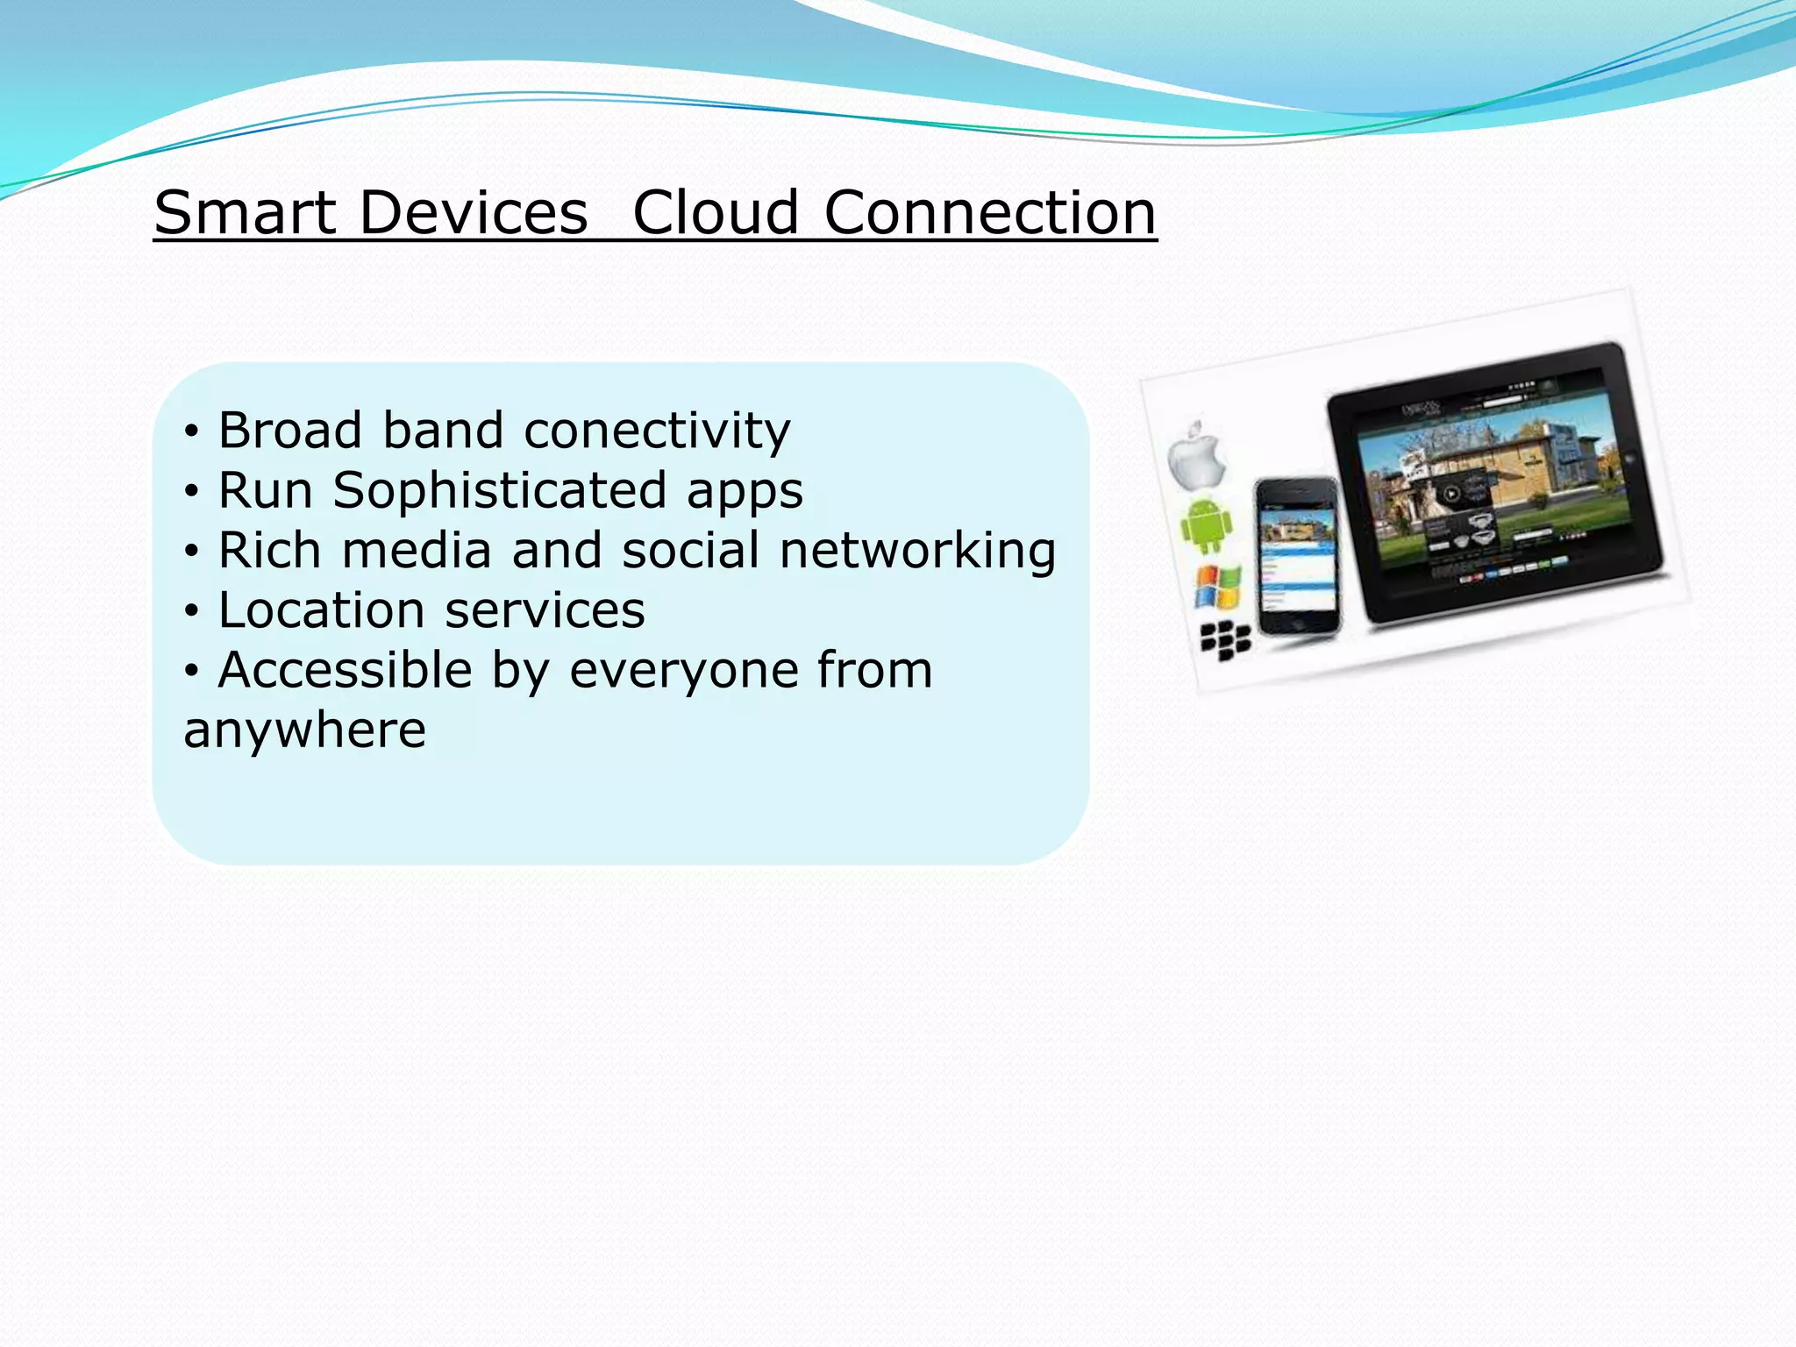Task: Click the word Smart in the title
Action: pos(245,213)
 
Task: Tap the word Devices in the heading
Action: pos(474,213)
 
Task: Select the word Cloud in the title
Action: pos(716,213)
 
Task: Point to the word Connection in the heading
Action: pos(990,213)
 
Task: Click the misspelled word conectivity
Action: pos(657,431)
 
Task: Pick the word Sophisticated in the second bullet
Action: pos(499,490)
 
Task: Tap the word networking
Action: pos(917,552)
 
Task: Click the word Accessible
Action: pos(346,671)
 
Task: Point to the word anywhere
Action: pos(304,731)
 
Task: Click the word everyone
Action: pos(684,671)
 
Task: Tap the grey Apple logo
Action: pos(1196,456)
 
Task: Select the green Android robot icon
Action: pos(1207,524)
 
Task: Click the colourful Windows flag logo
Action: pos(1218,588)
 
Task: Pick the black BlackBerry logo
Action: pos(1225,642)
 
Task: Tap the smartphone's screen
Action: pos(1297,557)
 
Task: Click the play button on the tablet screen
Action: pos(1452,495)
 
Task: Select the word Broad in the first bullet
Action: pos(290,431)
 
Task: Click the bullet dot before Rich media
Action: pos(192,552)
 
